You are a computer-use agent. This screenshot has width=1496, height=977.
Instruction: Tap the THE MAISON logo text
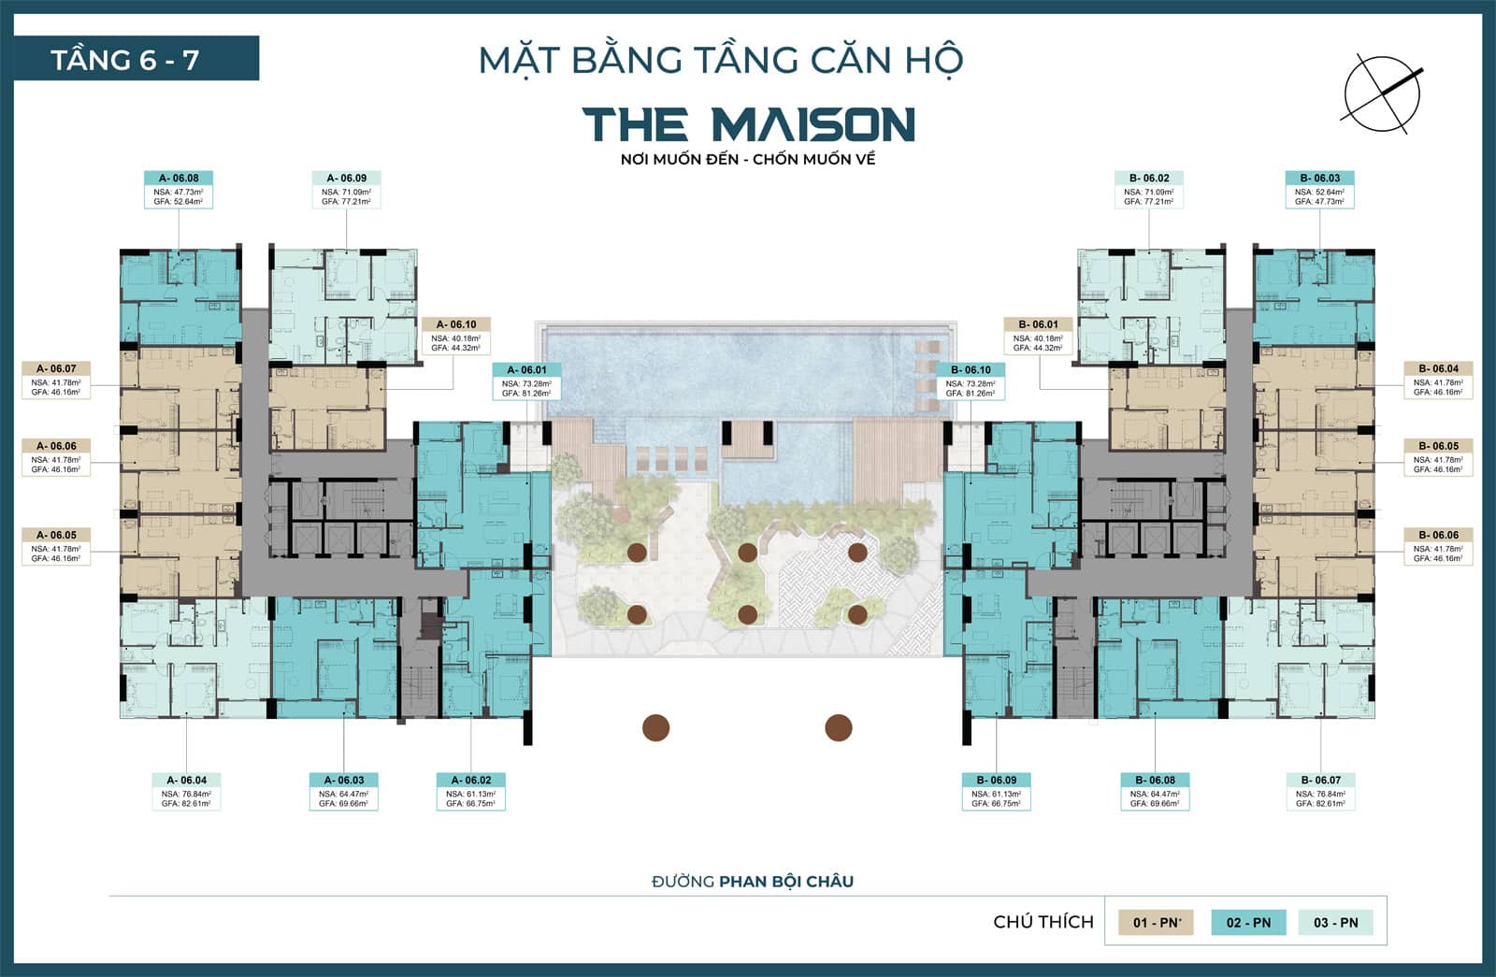(x=748, y=124)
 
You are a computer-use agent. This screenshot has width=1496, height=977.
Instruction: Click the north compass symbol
(x=1382, y=92)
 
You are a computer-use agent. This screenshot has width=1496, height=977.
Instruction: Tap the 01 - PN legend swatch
(x=1157, y=922)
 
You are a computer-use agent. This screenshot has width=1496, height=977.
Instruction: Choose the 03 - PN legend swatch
(x=1335, y=922)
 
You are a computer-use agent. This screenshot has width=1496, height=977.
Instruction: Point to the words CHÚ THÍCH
(x=1043, y=922)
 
